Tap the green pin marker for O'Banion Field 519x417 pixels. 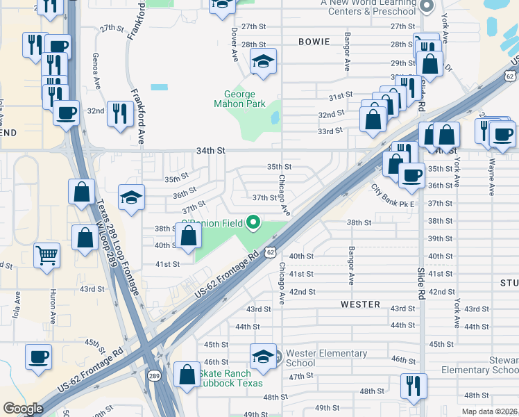click(254, 223)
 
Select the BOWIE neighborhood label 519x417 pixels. click(314, 42)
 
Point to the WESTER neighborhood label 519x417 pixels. click(360, 304)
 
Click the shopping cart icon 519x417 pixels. click(47, 254)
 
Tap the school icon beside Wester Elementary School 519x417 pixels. click(264, 357)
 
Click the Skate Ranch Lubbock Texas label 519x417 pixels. click(232, 378)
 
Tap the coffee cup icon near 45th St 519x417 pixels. click(38, 357)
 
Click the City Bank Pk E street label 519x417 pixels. click(392, 195)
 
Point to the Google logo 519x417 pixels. click(23, 409)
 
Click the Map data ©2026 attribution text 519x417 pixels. click(490, 411)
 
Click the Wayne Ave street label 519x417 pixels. click(491, 178)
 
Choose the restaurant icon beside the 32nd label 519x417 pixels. click(120, 113)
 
